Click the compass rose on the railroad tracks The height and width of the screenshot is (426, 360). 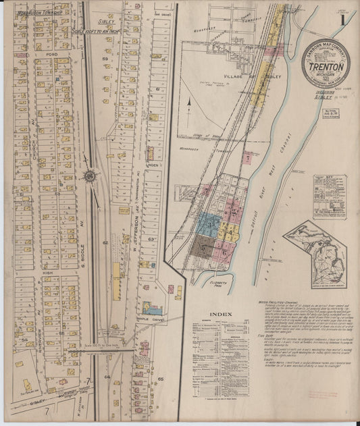click(88, 176)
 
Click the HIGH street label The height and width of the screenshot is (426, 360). click(47, 272)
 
